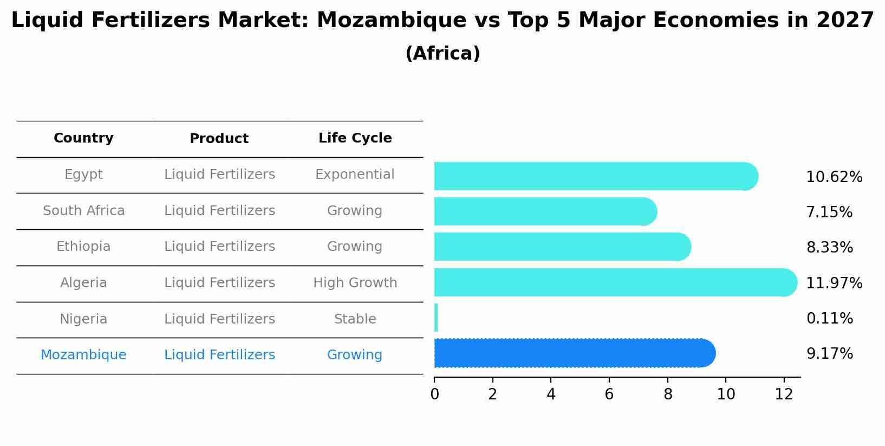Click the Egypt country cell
coord(83,174)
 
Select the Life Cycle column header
coord(355,138)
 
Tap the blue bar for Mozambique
coord(574,353)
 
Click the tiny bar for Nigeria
coord(436,318)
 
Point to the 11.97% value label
coord(834,283)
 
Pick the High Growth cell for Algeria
coord(355,283)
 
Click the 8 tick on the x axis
coord(667,395)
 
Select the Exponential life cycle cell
coord(355,174)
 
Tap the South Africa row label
coord(83,211)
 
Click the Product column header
coord(219,139)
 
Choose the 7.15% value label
coord(829,212)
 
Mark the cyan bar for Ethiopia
coord(562,247)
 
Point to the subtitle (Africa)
coord(442,53)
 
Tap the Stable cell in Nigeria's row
coord(355,319)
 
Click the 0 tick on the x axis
coord(434,395)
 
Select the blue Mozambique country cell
coord(83,355)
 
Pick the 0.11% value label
coord(829,318)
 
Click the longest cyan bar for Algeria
coord(615,282)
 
